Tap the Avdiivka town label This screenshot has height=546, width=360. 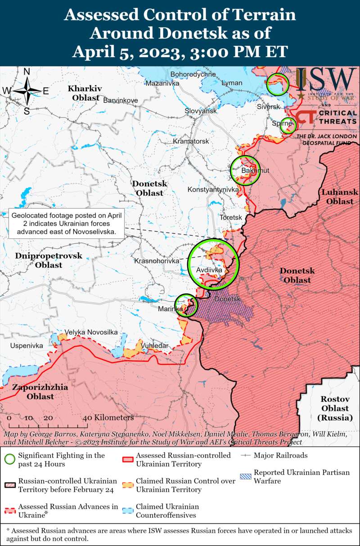(x=209, y=270)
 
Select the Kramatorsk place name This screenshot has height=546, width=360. (x=191, y=141)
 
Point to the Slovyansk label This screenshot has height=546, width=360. (x=201, y=111)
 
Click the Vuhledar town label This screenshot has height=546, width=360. (x=155, y=345)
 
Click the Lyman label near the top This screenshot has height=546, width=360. (x=232, y=83)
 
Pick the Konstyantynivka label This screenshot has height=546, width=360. (x=213, y=190)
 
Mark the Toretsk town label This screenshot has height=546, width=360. (x=230, y=218)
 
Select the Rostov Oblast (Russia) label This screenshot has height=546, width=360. (x=335, y=408)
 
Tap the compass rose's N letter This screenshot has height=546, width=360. (x=27, y=72)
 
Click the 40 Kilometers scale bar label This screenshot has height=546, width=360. (x=108, y=418)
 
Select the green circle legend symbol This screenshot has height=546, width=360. (x=9, y=459)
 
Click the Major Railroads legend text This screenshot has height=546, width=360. (x=280, y=455)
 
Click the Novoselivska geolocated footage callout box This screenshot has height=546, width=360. (x=67, y=224)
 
